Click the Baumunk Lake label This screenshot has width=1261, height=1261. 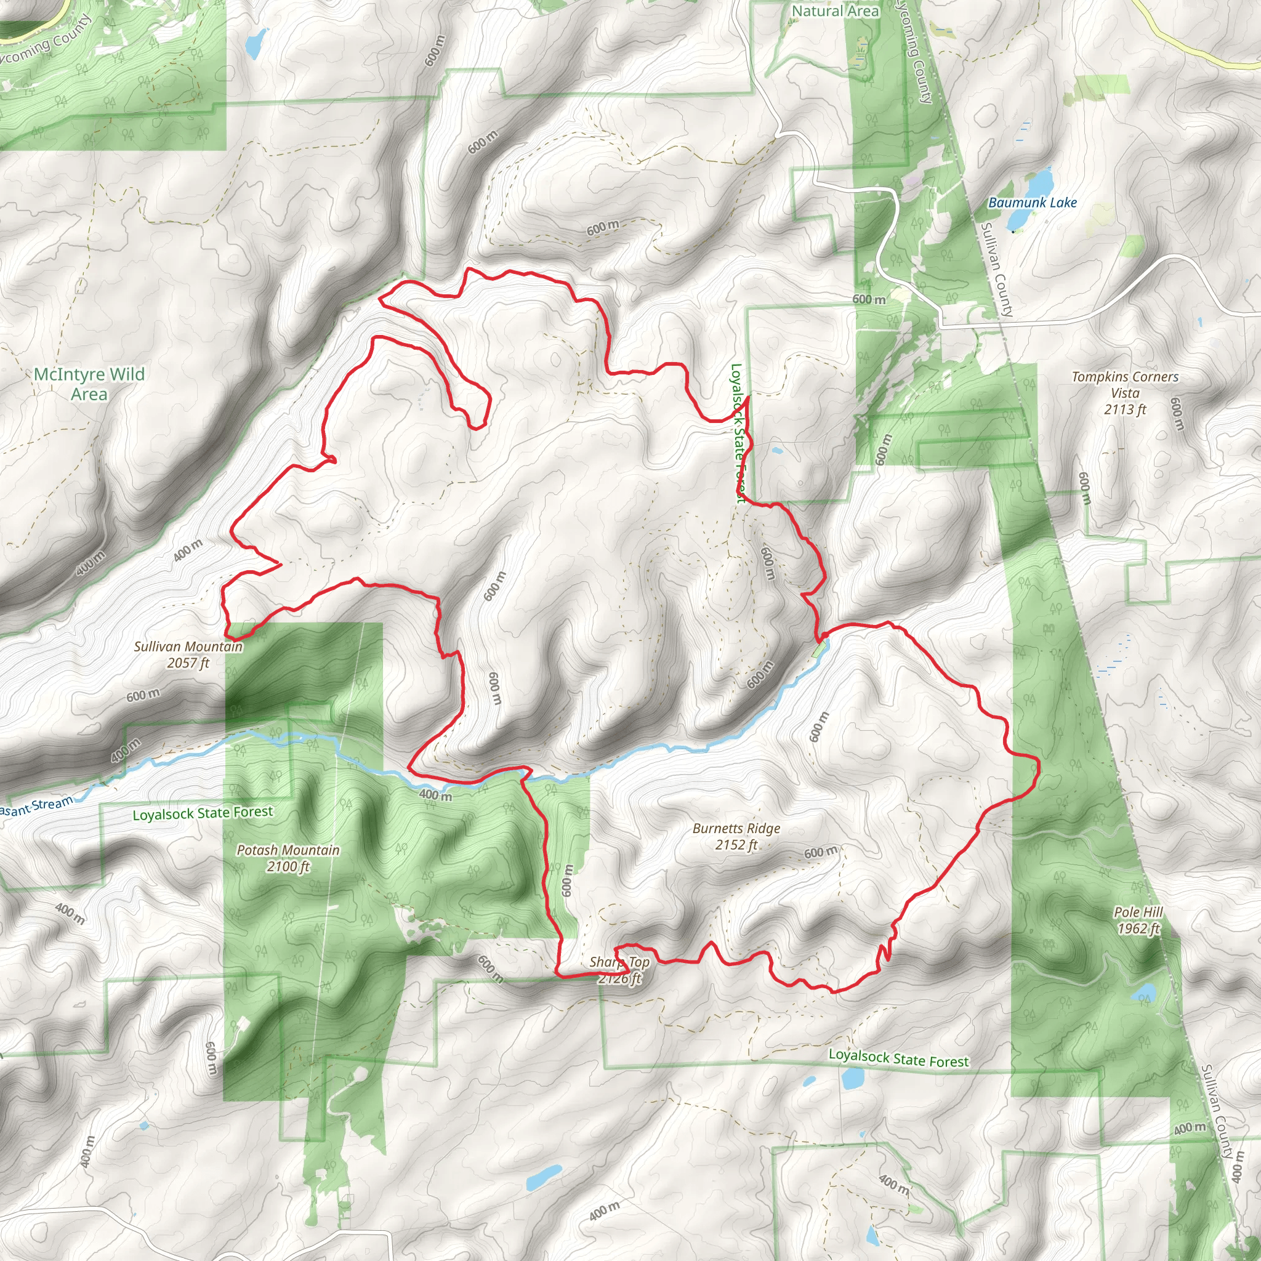tap(1032, 203)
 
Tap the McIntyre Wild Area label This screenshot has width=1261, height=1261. tap(89, 384)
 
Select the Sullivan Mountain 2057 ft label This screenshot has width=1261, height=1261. tap(188, 655)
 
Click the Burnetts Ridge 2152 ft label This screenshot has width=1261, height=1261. tap(736, 836)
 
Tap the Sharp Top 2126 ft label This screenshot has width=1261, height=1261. tap(619, 970)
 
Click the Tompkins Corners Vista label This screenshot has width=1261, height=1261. tap(1124, 393)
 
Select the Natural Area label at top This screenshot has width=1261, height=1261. tap(835, 11)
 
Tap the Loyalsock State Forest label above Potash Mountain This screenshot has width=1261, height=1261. tap(203, 813)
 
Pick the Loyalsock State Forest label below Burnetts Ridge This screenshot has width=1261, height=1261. tap(898, 1058)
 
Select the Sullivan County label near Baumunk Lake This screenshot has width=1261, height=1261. tap(997, 269)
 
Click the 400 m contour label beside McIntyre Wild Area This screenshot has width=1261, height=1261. tap(90, 563)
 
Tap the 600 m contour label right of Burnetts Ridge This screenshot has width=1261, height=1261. tap(820, 852)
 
